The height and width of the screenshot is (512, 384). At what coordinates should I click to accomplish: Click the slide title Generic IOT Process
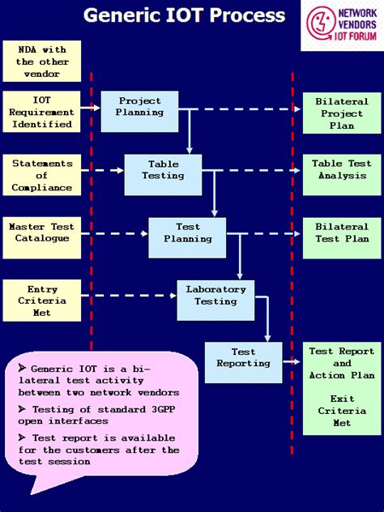click(184, 15)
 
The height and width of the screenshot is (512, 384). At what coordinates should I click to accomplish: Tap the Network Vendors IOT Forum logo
click(341, 25)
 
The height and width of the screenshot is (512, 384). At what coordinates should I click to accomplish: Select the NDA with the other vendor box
click(42, 62)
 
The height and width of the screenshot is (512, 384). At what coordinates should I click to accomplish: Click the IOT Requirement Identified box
click(42, 113)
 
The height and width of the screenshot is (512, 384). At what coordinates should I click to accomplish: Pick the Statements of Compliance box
click(42, 175)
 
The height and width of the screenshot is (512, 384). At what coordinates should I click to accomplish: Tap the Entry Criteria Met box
click(42, 301)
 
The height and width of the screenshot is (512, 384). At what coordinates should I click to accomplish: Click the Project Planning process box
click(139, 107)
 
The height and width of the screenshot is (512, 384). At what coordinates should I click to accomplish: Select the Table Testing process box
click(163, 170)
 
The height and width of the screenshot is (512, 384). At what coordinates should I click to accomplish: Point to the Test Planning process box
click(188, 233)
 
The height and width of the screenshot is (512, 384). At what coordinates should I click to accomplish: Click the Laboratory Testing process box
click(215, 295)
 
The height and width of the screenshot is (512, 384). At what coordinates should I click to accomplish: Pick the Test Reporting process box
click(243, 358)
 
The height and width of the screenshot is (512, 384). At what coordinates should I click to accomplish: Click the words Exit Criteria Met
click(342, 410)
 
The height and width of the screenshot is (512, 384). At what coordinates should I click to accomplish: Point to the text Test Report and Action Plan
click(342, 363)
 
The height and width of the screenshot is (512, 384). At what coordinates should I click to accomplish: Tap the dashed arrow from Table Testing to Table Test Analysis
click(247, 170)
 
